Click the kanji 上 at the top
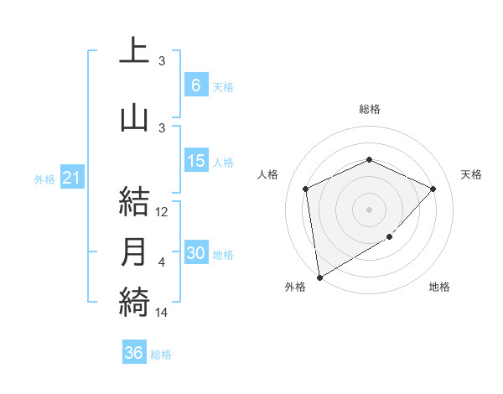[x=134, y=50]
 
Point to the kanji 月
[x=134, y=252]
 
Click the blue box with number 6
[x=195, y=86]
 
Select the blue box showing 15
[x=195, y=162]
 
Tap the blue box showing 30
[x=195, y=254]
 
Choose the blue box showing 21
[x=72, y=179]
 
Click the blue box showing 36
[x=134, y=353]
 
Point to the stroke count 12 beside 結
[x=163, y=212]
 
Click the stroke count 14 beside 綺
[x=163, y=312]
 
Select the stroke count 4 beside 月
[x=162, y=262]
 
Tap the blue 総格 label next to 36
[x=161, y=355]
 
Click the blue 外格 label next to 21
[x=44, y=179]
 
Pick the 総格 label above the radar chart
[x=369, y=109]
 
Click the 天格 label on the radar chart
[x=471, y=174]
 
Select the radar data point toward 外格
[x=319, y=277]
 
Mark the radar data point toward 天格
[x=433, y=189]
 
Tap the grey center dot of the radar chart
[x=369, y=209]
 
